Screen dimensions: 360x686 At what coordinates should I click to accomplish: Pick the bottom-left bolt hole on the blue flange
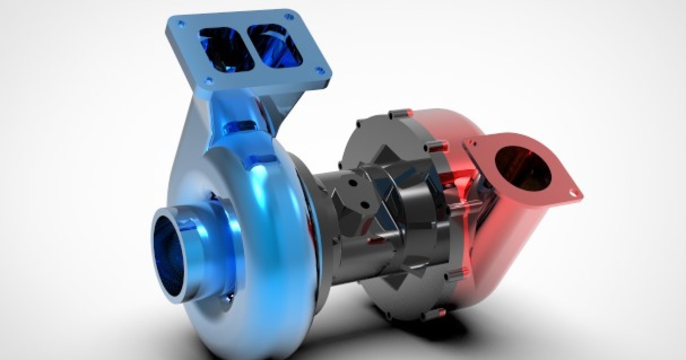[209, 81]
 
